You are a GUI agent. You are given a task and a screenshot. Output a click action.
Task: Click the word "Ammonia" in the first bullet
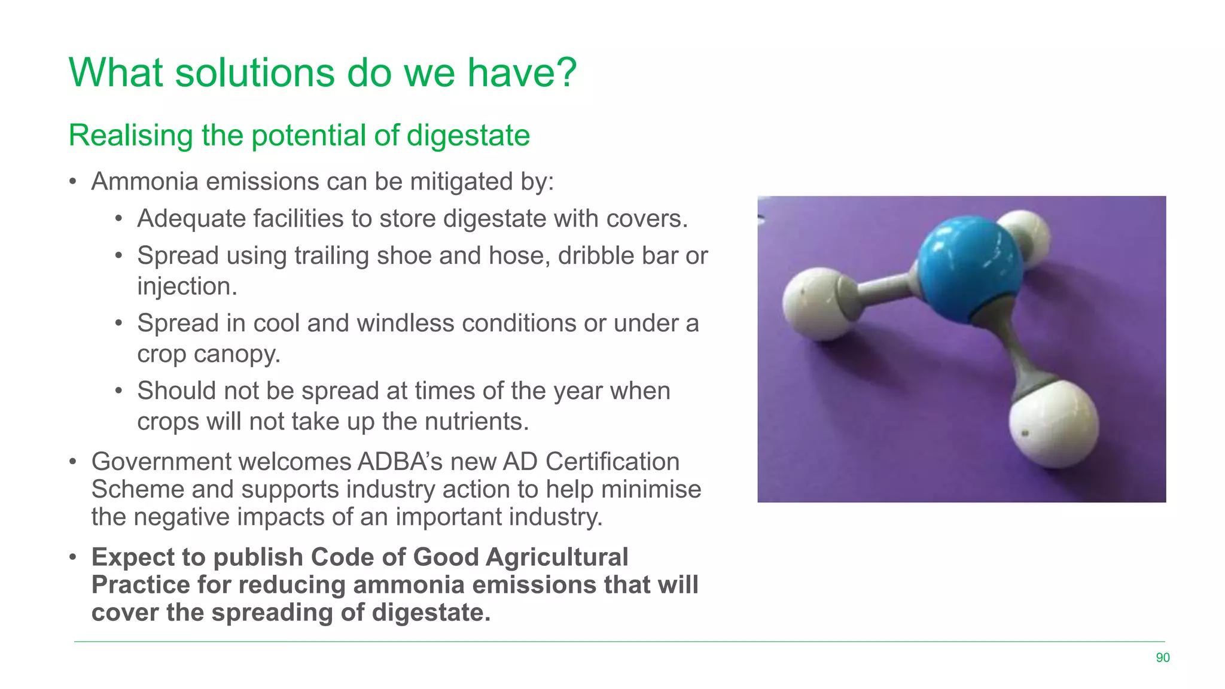tap(145, 182)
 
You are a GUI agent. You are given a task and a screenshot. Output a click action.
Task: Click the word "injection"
tap(187, 286)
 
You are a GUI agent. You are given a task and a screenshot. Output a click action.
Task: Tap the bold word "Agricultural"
tap(557, 557)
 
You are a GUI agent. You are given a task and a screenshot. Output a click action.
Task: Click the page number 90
tap(1162, 658)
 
